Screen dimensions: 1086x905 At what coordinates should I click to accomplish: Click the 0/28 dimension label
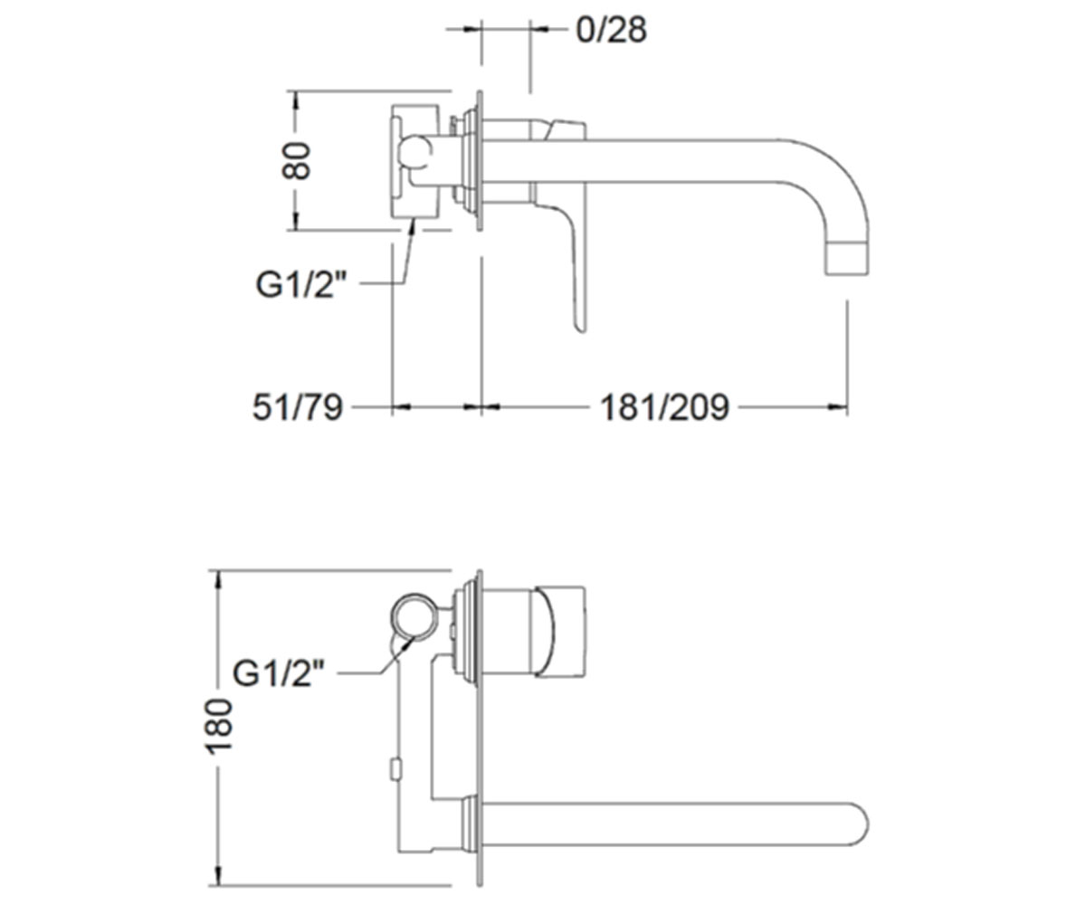[611, 30]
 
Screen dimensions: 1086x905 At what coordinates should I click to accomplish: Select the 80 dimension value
[296, 160]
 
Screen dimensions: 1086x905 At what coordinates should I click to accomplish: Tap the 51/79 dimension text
[298, 406]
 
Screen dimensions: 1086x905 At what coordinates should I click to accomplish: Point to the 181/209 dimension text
[664, 406]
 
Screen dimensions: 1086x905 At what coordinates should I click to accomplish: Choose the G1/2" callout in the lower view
[278, 673]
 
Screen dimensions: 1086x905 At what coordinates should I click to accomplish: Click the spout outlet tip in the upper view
[847, 272]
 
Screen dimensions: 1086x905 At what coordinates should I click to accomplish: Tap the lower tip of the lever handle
[581, 329]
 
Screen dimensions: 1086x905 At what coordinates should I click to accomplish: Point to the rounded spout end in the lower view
[860, 824]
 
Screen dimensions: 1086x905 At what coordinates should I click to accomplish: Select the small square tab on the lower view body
[395, 770]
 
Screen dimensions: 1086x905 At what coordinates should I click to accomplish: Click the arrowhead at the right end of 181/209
[838, 407]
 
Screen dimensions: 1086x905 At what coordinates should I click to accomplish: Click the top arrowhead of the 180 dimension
[218, 580]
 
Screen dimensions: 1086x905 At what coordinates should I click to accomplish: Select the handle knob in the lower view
[559, 632]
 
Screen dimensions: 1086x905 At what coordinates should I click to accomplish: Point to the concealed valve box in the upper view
[414, 161]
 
